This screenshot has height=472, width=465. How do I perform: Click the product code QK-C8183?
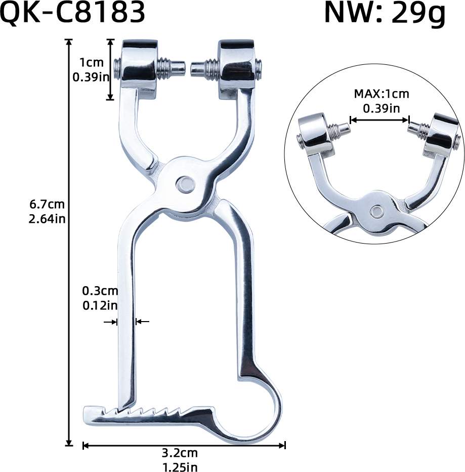point(73,14)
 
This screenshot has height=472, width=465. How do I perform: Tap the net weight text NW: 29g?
point(385,14)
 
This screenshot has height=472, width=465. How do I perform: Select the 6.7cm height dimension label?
point(47,205)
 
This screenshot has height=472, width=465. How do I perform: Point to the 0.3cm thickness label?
point(100,291)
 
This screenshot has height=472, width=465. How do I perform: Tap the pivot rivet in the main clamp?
point(184,183)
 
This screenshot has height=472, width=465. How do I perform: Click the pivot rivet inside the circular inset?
point(376,210)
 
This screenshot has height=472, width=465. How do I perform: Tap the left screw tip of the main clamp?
point(176,67)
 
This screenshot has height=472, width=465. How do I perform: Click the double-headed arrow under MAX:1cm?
point(379,120)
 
